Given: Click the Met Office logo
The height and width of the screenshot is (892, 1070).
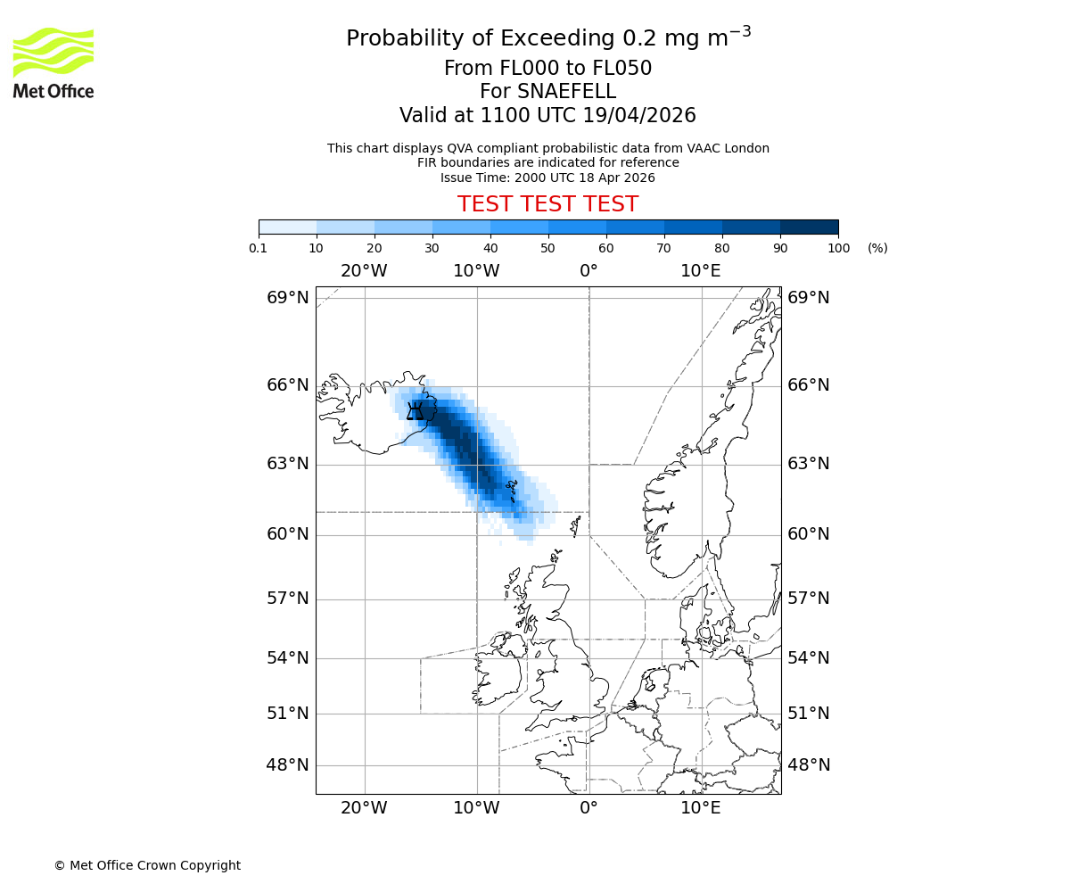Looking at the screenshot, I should pyautogui.click(x=53, y=62).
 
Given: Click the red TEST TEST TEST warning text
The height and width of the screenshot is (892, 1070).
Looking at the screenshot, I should pyautogui.click(x=547, y=204).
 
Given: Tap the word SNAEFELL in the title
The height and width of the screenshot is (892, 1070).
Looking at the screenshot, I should pyautogui.click(x=547, y=92).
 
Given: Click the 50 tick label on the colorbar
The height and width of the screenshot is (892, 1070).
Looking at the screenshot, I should pyautogui.click(x=547, y=248).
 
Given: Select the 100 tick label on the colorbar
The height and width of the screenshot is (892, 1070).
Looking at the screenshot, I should pyautogui.click(x=838, y=248).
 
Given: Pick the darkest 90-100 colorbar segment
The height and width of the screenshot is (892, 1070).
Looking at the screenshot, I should pyautogui.click(x=809, y=227).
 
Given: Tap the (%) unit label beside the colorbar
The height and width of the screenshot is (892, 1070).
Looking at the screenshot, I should pyautogui.click(x=877, y=248).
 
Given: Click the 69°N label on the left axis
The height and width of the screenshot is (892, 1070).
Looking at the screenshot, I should pyautogui.click(x=287, y=298).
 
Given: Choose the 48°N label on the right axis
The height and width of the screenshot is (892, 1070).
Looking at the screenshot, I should pyautogui.click(x=808, y=765).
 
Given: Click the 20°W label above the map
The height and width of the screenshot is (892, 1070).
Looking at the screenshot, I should pyautogui.click(x=364, y=271).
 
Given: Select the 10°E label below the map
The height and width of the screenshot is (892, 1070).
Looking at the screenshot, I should pyautogui.click(x=701, y=809).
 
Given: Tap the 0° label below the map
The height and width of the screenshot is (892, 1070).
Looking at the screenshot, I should pyautogui.click(x=588, y=809).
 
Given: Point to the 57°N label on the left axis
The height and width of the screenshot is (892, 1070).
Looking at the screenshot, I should pyautogui.click(x=287, y=599).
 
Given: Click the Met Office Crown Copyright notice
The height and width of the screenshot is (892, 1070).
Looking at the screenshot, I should pyautogui.click(x=147, y=865).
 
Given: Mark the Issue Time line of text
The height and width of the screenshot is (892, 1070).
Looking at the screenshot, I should pyautogui.click(x=547, y=178).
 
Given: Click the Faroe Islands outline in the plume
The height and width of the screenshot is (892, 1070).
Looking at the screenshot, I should pyautogui.click(x=512, y=489).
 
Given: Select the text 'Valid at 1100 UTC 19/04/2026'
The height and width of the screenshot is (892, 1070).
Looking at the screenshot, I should pyautogui.click(x=547, y=116).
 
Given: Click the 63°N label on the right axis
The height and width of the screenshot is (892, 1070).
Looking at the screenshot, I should pyautogui.click(x=808, y=464).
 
